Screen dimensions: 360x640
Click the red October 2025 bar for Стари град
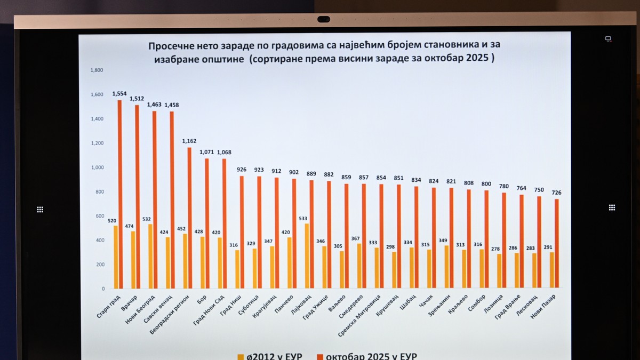click(x=119, y=194)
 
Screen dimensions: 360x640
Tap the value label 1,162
click(x=189, y=141)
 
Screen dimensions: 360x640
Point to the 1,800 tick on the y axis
click(x=97, y=70)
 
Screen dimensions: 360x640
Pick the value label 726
click(x=557, y=193)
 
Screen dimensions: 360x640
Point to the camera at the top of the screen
click(x=324, y=19)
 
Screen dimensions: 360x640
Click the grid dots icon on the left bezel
click(x=40, y=210)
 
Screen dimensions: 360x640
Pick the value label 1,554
click(x=119, y=94)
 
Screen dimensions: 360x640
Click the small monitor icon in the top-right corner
click(x=608, y=39)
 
